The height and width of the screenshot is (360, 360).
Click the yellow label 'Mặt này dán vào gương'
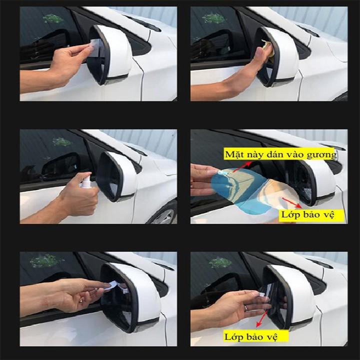280,154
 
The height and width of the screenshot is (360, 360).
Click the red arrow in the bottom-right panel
262,318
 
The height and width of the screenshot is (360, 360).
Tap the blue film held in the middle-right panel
239,189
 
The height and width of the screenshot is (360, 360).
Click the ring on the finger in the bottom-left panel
81,299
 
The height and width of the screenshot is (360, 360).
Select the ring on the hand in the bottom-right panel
246,307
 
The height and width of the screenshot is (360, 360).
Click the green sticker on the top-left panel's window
53,18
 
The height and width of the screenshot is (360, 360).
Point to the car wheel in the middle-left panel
163,214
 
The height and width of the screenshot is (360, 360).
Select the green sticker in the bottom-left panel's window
46,260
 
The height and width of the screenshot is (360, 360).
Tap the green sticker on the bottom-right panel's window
220,262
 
